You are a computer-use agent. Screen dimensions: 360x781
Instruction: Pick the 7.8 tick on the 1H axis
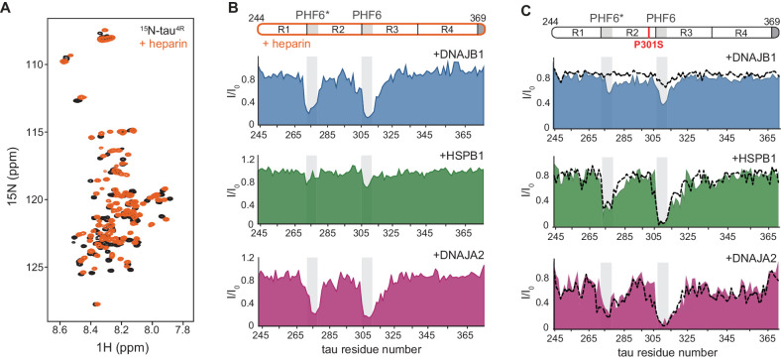point(182,326)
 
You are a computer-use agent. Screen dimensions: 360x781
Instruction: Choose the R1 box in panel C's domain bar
point(576,33)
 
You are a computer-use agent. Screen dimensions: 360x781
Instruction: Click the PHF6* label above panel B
point(314,15)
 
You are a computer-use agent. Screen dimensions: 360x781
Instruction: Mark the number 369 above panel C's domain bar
point(769,19)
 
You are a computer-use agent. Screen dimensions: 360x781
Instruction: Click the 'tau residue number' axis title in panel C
point(667,351)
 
